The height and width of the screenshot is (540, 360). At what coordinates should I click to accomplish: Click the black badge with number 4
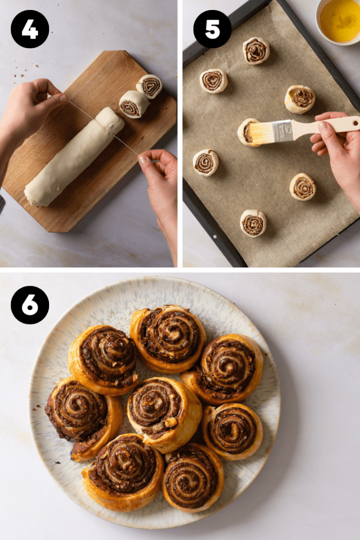(30, 29)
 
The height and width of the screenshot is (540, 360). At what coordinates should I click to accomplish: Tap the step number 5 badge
(212, 29)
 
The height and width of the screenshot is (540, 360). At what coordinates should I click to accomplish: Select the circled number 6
(30, 305)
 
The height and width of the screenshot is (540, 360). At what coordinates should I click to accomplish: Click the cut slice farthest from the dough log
(150, 86)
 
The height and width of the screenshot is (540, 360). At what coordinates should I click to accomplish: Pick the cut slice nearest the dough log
(133, 103)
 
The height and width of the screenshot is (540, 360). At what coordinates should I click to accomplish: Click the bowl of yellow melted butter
(339, 21)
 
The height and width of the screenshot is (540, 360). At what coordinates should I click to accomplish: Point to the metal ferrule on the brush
(283, 130)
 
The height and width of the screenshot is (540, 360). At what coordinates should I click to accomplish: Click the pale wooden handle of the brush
(327, 125)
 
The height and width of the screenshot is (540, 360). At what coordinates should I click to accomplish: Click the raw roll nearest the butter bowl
(256, 51)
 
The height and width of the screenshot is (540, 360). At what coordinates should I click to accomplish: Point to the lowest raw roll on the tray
(253, 223)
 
